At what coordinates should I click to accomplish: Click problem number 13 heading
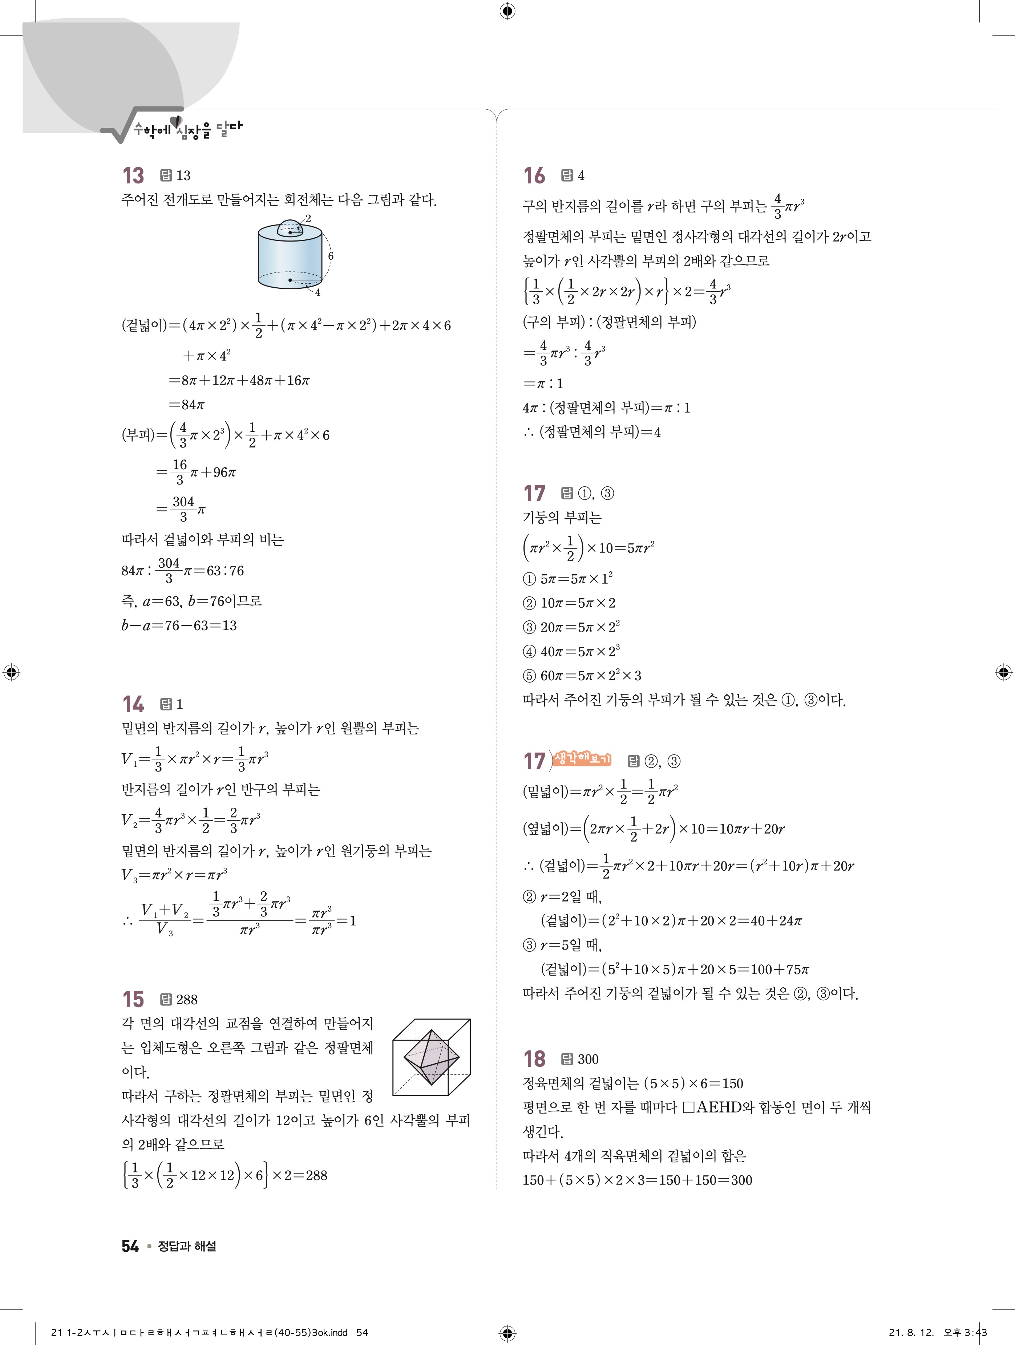point(133,176)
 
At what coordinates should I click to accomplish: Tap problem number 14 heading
point(133,704)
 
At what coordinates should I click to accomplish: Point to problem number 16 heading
point(534,176)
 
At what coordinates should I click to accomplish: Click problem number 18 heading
point(534,1059)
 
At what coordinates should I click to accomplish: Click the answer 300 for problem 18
point(588,1059)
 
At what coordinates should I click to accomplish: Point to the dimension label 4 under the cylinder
point(318,292)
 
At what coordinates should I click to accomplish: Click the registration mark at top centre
point(507,11)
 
